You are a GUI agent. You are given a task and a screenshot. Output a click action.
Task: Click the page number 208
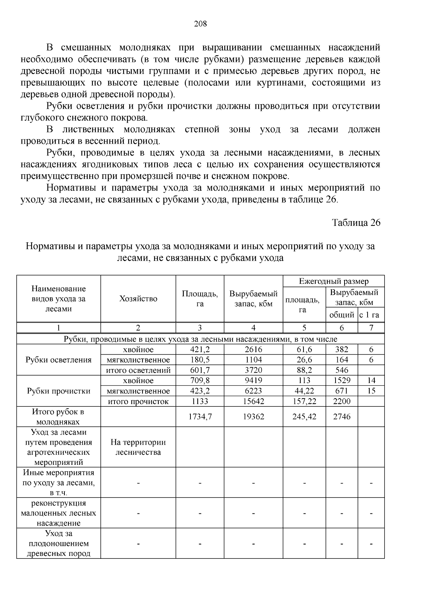[201, 24]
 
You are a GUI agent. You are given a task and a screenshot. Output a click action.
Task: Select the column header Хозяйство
[138, 299]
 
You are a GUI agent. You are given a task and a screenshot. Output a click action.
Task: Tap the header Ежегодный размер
[334, 281]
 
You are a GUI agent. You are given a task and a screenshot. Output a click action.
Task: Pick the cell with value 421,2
[200, 350]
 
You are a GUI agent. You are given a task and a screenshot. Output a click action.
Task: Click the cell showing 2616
[253, 350]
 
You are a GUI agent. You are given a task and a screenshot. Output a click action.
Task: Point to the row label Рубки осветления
[59, 360]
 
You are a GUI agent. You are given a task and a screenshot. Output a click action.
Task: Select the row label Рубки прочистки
[59, 391]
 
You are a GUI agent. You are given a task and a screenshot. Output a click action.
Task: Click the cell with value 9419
[253, 381]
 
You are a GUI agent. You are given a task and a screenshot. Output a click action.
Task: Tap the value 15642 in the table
[253, 401]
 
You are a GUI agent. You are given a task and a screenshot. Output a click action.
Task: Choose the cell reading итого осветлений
[138, 370]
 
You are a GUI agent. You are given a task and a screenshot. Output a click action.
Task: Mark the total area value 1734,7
[200, 417]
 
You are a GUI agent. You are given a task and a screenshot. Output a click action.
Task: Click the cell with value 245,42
[304, 417]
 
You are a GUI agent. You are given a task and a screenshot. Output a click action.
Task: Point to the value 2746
[342, 417]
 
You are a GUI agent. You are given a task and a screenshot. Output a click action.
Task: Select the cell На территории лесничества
[138, 447]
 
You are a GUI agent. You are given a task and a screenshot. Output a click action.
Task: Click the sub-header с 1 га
[371, 315]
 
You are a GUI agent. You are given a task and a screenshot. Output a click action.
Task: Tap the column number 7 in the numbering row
[371, 328]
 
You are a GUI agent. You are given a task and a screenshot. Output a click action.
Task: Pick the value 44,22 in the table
[304, 391]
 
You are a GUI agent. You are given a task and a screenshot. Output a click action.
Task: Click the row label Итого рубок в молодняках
[58, 417]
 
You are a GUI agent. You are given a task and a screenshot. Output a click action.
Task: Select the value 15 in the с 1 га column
[371, 391]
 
